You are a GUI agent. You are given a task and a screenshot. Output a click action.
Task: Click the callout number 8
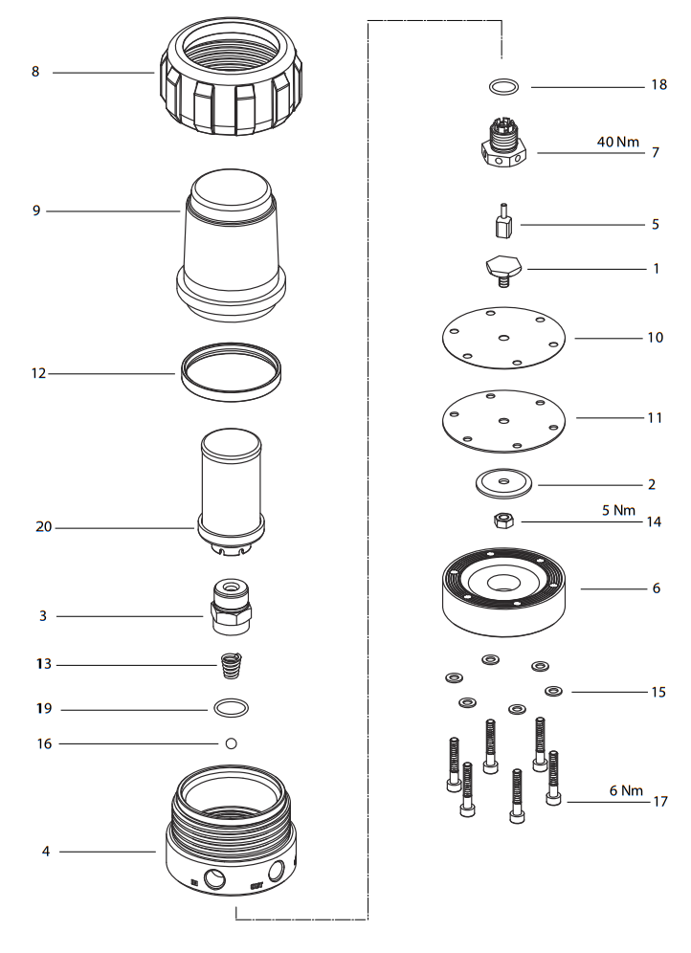35,72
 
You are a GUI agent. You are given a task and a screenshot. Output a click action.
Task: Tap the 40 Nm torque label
617,142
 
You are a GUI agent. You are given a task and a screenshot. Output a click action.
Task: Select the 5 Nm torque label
618,510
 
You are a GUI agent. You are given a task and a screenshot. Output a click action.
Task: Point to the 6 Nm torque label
626,790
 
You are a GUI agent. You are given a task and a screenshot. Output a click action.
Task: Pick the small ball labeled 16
231,743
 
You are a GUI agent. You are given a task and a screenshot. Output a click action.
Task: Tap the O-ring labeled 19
231,709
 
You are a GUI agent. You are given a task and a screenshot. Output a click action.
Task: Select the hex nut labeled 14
503,521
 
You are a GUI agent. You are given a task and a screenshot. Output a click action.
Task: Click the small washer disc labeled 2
504,482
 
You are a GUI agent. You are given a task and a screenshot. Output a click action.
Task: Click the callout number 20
43,526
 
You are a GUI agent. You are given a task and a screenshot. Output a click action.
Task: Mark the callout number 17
659,802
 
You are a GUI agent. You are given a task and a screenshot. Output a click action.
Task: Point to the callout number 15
658,691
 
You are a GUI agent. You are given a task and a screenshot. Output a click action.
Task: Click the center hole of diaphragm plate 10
503,337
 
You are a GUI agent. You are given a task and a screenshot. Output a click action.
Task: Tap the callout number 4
45,851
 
